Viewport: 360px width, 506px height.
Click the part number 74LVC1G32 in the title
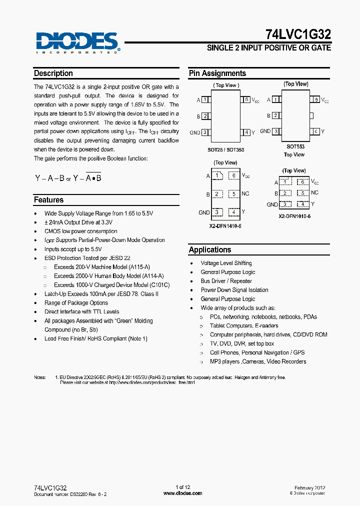(x=297, y=34)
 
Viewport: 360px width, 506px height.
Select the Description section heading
(x=53, y=73)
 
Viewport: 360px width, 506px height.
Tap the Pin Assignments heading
(x=217, y=73)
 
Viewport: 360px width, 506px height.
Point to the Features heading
(x=49, y=200)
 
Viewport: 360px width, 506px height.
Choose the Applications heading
(x=210, y=250)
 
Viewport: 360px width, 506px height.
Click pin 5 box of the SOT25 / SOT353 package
(x=246, y=100)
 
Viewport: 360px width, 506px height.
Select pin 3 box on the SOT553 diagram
(x=274, y=131)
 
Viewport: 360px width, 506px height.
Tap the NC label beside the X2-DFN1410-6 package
(x=245, y=193)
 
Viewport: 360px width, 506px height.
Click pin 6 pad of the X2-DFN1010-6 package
(x=302, y=182)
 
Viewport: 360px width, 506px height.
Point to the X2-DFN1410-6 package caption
(x=225, y=226)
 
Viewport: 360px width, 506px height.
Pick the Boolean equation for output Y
(x=68, y=178)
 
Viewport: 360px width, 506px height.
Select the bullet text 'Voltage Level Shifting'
(x=226, y=263)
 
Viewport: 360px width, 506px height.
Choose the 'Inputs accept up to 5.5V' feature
(x=73, y=249)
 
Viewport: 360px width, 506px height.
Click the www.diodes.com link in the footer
(x=183, y=493)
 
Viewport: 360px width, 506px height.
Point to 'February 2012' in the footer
(x=310, y=487)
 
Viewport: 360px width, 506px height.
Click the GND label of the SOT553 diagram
(x=265, y=131)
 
